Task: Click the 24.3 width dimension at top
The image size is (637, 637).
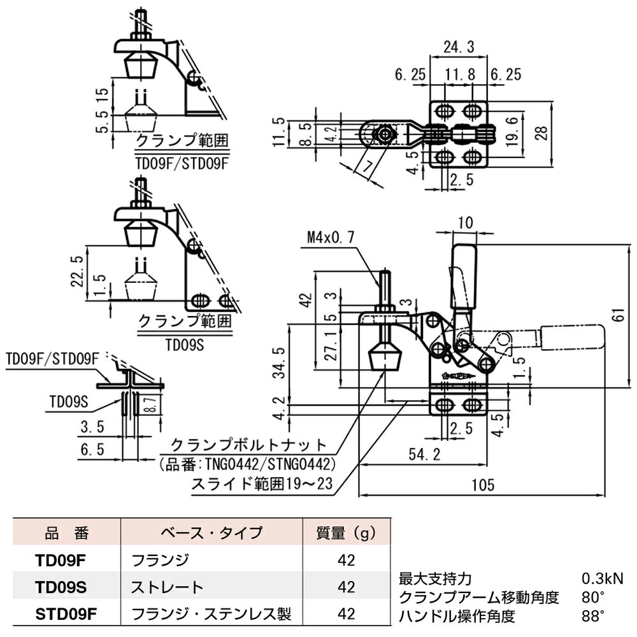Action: click(459, 47)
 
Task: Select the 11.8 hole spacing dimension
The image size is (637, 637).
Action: click(459, 75)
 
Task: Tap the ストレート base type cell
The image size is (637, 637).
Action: click(167, 587)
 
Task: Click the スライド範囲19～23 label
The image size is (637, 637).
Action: click(262, 484)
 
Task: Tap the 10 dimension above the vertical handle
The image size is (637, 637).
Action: click(466, 222)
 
